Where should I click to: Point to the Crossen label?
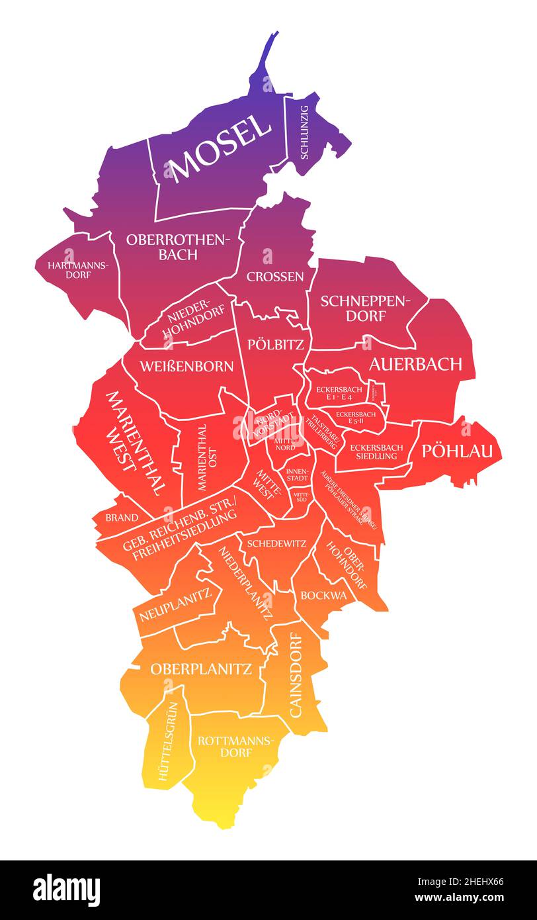click(x=275, y=277)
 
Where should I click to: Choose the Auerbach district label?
click(x=415, y=363)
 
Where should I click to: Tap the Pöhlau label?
click(x=458, y=451)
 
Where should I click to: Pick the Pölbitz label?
click(x=275, y=344)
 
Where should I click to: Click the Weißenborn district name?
click(x=186, y=366)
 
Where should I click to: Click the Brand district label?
click(x=122, y=517)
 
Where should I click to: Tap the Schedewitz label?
click(x=276, y=543)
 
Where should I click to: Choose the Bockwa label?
click(x=323, y=595)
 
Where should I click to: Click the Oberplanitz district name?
click(x=201, y=669)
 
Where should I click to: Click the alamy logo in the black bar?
click(x=67, y=890)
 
